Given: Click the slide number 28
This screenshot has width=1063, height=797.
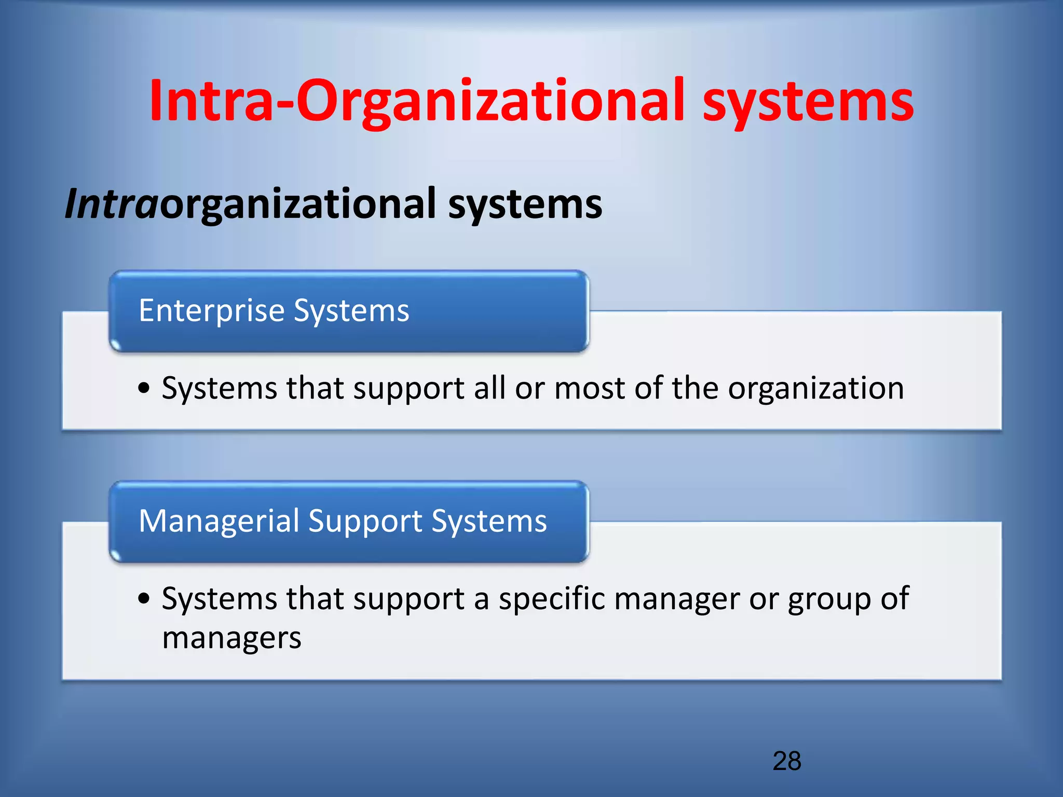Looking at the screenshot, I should coord(787,761).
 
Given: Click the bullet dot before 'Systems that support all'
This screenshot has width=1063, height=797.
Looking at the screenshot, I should coord(144,388).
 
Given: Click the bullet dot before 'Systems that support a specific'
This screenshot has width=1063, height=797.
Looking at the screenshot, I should coord(144,599).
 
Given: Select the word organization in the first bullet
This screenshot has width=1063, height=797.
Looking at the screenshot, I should coord(815,389).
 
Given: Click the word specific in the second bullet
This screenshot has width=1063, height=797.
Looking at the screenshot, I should coord(552,599).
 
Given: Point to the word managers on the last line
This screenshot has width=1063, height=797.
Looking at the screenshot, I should coord(231,639).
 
